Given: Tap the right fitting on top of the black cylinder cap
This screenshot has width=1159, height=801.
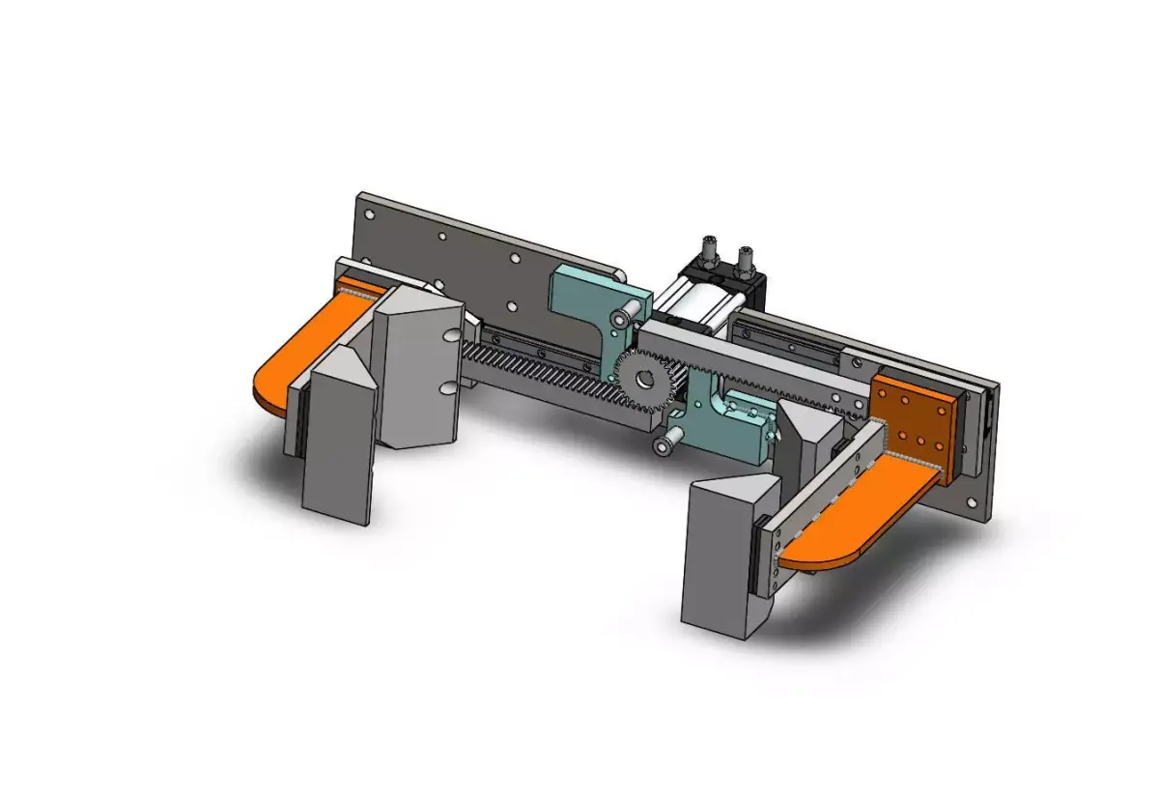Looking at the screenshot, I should (745, 258).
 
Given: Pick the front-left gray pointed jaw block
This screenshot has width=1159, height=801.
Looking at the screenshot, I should (338, 435).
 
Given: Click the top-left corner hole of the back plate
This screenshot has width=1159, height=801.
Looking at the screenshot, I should (368, 205).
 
